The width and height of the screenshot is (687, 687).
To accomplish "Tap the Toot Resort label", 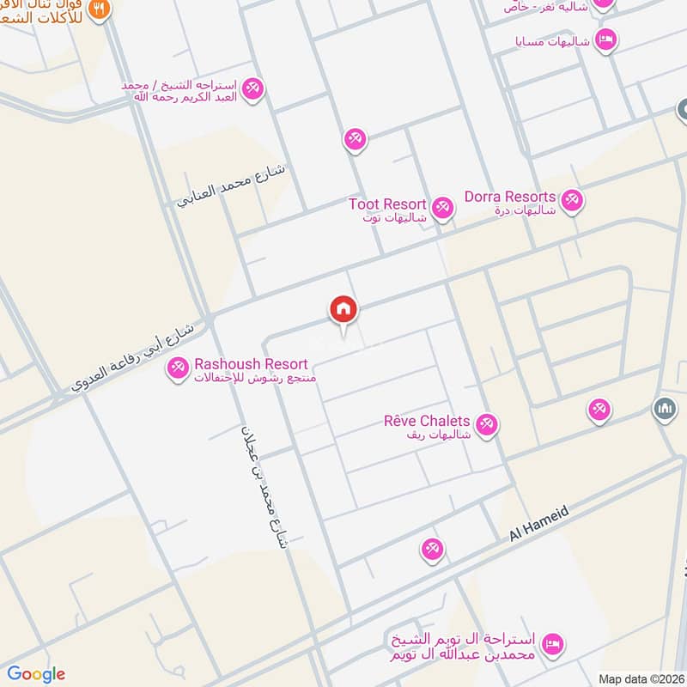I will [387, 204].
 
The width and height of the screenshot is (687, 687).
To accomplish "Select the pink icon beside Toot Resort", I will [442, 207].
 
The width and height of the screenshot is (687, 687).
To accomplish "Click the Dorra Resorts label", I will [510, 197].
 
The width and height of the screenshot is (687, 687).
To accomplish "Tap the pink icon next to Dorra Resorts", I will [572, 201].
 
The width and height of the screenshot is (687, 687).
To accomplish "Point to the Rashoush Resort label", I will [238, 364].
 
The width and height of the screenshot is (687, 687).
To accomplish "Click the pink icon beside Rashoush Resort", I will [178, 368].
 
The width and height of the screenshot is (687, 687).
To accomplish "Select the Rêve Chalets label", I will [427, 421].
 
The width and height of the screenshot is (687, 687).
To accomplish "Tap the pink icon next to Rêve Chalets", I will [487, 424].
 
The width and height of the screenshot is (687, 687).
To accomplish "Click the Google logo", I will [36, 674].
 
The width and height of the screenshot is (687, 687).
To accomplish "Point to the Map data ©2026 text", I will [641, 678].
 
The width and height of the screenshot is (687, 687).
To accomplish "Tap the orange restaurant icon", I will [100, 9].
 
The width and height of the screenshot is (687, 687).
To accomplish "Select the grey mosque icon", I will [664, 407].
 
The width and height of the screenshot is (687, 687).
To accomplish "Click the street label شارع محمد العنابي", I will [232, 186].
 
